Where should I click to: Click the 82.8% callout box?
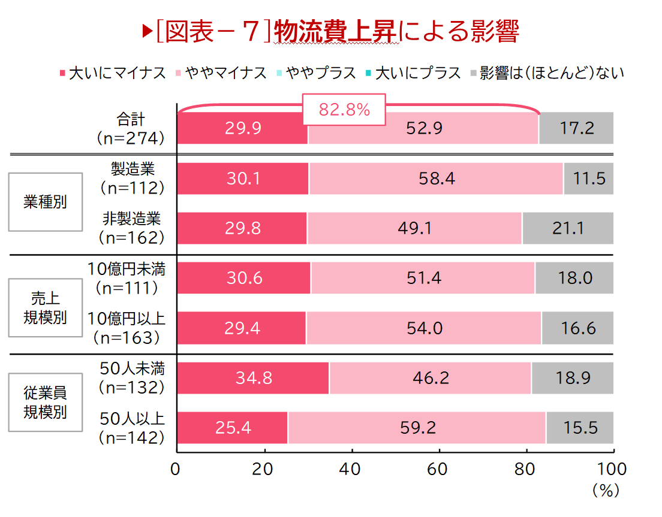[x=344, y=110]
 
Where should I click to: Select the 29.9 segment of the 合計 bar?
[x=242, y=128]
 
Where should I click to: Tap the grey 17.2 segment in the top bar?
[x=576, y=128]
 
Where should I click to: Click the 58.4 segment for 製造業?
[x=436, y=179]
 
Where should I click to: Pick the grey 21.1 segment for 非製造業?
[x=567, y=228]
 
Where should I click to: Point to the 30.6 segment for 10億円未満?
[x=244, y=278]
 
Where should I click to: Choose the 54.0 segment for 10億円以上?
[x=423, y=328]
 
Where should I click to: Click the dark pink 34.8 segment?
[x=253, y=378]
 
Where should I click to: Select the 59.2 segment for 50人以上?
[x=417, y=428]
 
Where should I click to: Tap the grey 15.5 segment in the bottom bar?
[x=580, y=428]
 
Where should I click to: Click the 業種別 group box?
[x=45, y=202]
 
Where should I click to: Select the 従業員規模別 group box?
[x=45, y=402]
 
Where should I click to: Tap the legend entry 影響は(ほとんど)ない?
[x=547, y=73]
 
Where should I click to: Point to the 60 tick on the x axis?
[x=439, y=469]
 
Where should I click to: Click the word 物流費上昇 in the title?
[x=336, y=32]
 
